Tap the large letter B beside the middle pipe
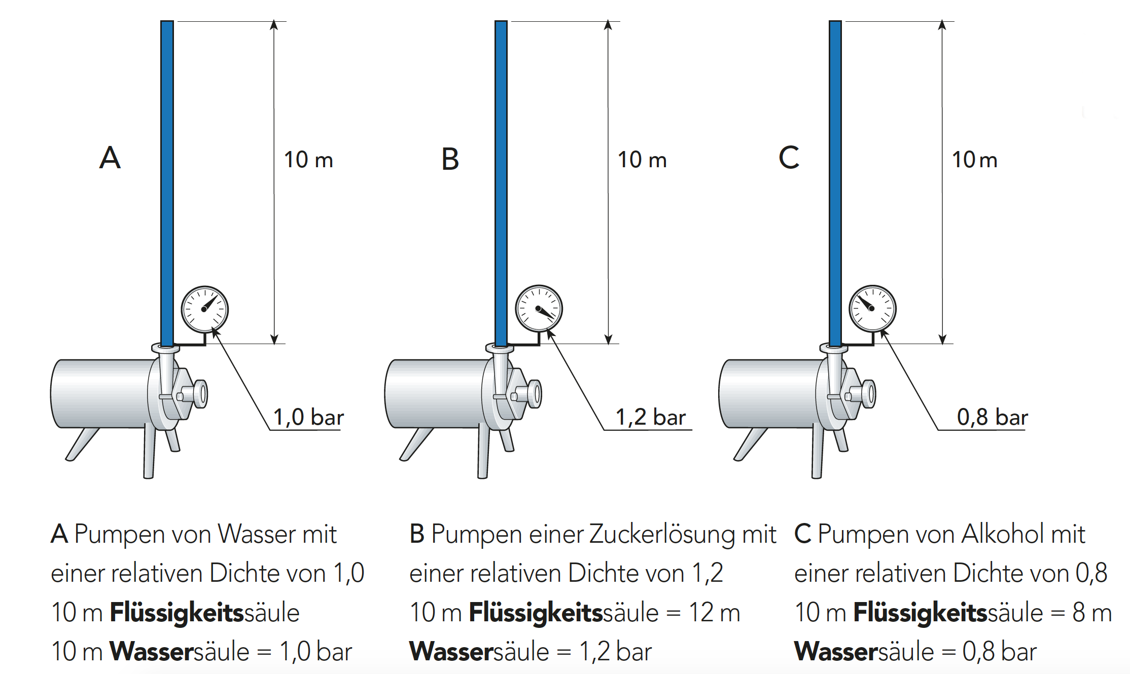pos(450,159)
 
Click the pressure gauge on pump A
pos(205,309)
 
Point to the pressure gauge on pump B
pos(539,308)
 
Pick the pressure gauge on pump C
pos(872,308)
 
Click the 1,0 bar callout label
pos(308,418)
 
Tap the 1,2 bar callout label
pos(650,418)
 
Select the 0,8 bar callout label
pos(992,418)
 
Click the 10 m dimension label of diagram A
pos(308,160)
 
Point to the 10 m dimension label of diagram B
pos(642,160)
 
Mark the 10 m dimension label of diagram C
pos(974,160)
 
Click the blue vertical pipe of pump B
pos(501,182)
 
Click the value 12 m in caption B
pos(714,613)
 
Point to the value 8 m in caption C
pos(1091,613)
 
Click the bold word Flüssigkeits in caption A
pos(176,613)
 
